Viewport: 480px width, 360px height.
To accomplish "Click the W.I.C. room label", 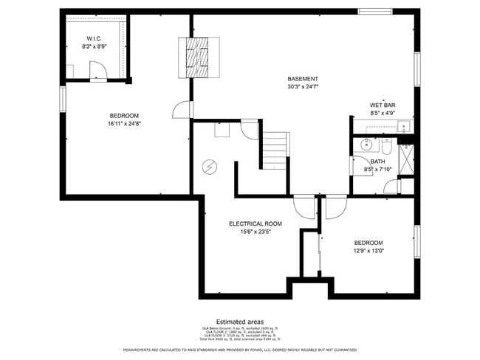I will point(94,38).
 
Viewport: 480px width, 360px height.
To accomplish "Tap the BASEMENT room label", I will point(303,79).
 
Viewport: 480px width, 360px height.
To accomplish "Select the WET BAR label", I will point(383,105).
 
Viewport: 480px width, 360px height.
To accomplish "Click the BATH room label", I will point(377,162).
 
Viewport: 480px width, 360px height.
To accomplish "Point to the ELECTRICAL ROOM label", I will point(256,224).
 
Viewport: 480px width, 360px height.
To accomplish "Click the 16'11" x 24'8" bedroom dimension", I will point(124,124).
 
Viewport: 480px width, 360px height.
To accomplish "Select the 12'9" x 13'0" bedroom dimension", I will point(368,251).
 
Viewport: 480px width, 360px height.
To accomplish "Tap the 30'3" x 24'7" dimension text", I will point(303,87).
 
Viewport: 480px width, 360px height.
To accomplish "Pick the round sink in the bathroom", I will point(366,145).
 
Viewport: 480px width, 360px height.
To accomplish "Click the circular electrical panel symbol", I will point(210,167).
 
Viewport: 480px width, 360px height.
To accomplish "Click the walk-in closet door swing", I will point(98,70).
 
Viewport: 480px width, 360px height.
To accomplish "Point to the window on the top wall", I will point(376,11).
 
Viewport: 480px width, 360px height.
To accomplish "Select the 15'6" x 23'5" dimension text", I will point(256,232).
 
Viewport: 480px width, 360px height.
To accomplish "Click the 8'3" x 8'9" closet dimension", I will point(94,46).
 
